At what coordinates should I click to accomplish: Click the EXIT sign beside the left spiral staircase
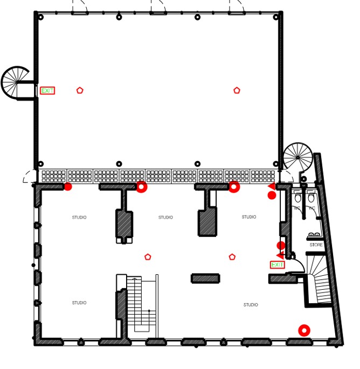(x=47, y=90)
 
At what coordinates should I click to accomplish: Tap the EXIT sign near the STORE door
(x=277, y=264)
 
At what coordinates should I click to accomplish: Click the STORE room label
(x=316, y=245)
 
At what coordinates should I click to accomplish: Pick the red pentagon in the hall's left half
(x=80, y=90)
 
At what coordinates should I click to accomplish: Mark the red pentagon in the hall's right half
(x=236, y=90)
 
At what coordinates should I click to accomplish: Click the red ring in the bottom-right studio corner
(x=304, y=330)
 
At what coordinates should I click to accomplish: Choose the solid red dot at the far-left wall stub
(x=68, y=186)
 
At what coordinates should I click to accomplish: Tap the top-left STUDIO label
(x=79, y=218)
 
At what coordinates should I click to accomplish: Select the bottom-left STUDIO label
(x=79, y=303)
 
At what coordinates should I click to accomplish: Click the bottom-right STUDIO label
(x=251, y=305)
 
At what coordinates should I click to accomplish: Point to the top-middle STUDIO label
(x=165, y=218)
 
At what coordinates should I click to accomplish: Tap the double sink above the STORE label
(x=315, y=235)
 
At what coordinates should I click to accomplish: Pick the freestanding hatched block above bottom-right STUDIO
(x=205, y=278)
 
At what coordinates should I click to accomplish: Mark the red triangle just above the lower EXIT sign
(x=279, y=255)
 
